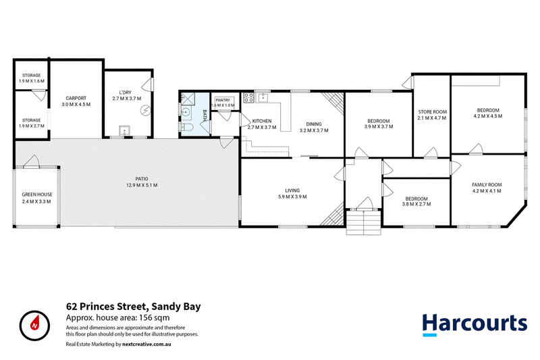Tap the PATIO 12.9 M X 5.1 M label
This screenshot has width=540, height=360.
coord(142,182)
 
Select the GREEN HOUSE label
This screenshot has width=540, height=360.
coord(37,195)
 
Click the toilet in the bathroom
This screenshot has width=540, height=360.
coord(187,127)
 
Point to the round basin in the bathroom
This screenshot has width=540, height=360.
coord(186,112)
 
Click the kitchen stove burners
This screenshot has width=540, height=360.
coord(248,97)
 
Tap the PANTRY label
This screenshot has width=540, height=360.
coord(223,100)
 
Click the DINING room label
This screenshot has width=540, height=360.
coord(314,124)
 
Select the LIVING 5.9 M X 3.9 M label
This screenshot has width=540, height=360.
coord(292,194)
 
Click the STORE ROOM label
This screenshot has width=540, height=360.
coord(433,112)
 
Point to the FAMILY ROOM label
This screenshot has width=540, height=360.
coord(487,184)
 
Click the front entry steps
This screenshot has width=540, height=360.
coord(364,222)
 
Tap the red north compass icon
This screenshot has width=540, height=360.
coord(35,326)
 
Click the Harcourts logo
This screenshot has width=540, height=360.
coord(475,324)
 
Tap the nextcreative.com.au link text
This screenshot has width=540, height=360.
coord(146,344)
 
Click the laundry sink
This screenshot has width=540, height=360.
coord(124,131)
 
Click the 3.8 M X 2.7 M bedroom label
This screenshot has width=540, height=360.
coord(416,204)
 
